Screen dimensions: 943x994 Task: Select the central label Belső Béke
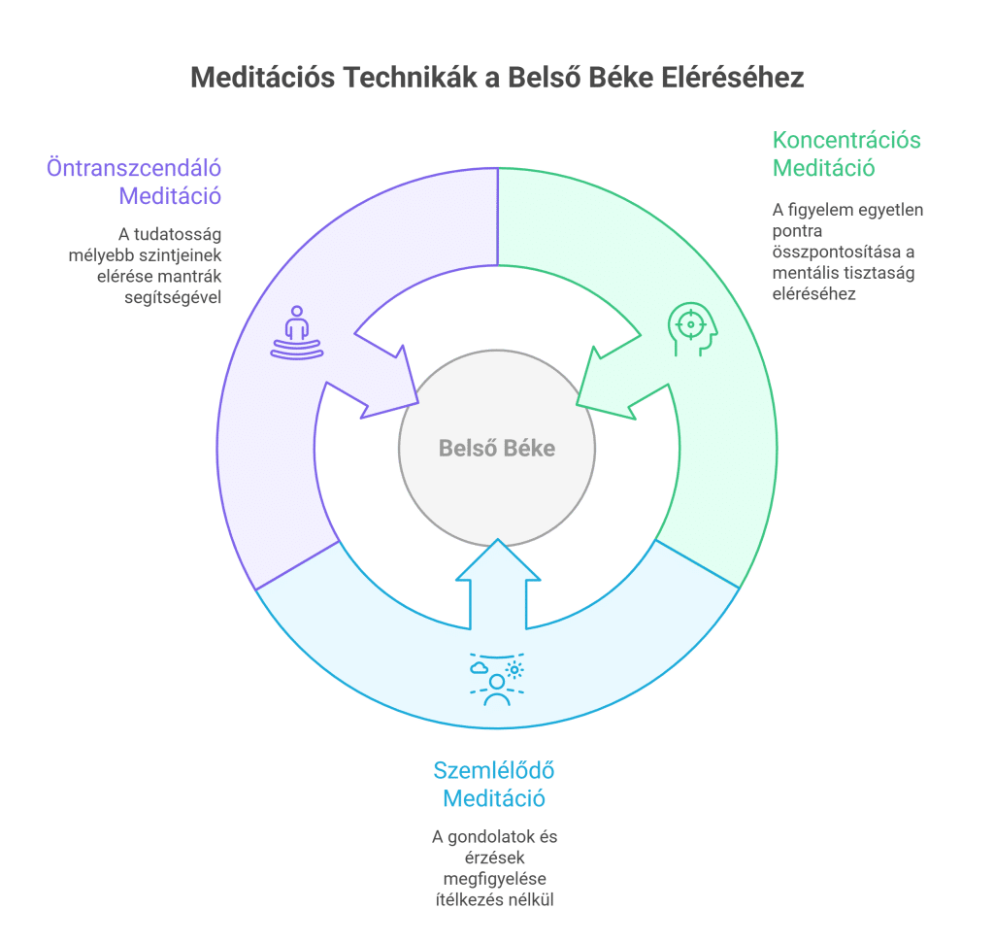(497, 449)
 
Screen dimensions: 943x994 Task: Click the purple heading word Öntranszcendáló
(134, 167)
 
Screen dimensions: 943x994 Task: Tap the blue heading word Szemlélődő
(494, 771)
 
